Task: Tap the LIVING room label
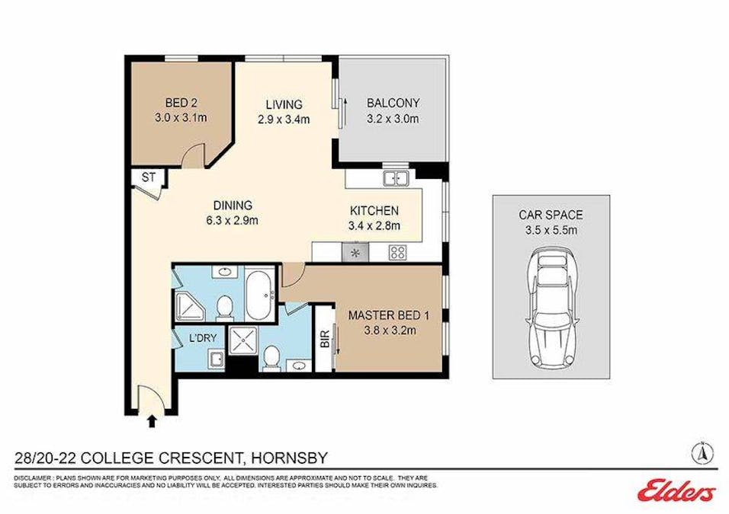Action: pyautogui.click(x=284, y=104)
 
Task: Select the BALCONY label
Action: pyautogui.click(x=393, y=104)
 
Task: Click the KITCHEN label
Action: pyautogui.click(x=374, y=211)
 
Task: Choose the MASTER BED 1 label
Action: pyautogui.click(x=386, y=314)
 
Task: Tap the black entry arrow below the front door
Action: pyautogui.click(x=151, y=420)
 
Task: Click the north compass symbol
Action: pyautogui.click(x=702, y=453)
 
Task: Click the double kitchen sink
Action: pyautogui.click(x=396, y=180)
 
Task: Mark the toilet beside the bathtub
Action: pyautogui.click(x=224, y=308)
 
